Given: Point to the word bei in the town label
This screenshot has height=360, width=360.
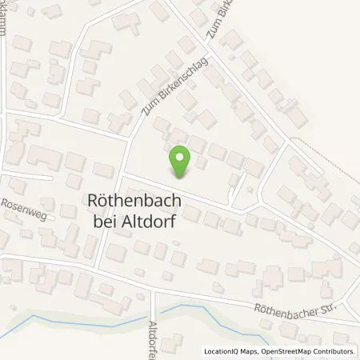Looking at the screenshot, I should pos(103,222).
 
